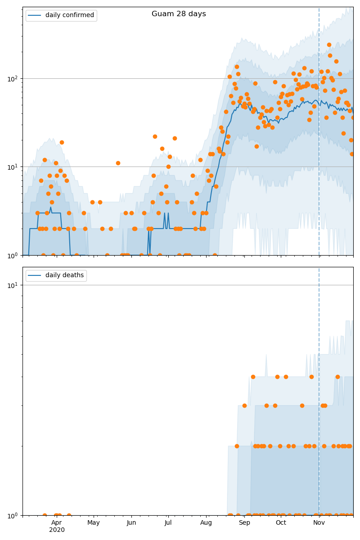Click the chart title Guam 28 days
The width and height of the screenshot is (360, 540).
pyautogui.click(x=179, y=14)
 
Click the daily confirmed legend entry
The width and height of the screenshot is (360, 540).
pyautogui.click(x=69, y=15)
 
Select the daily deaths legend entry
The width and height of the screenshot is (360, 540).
pyautogui.click(x=64, y=275)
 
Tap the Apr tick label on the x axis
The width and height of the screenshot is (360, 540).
pyautogui.click(x=57, y=522)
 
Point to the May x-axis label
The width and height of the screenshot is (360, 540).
pyautogui.click(x=94, y=522)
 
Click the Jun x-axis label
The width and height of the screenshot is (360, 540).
pyautogui.click(x=131, y=522)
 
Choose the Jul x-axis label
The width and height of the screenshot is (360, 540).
pyautogui.click(x=168, y=522)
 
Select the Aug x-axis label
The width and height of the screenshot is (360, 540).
pyautogui.click(x=206, y=522)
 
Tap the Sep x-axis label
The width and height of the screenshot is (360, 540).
pyautogui.click(x=244, y=522)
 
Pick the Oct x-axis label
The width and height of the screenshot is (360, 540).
pyautogui.click(x=281, y=522)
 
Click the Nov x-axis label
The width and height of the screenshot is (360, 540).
pyautogui.click(x=319, y=522)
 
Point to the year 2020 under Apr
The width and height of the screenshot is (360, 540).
pyautogui.click(x=57, y=530)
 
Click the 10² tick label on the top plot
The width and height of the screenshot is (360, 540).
pyautogui.click(x=13, y=79)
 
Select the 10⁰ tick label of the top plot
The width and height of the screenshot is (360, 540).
pyautogui.click(x=13, y=255)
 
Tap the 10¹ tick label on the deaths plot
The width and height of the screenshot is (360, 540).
pyautogui.click(x=13, y=285)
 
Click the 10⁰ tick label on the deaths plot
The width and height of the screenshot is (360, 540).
pyautogui.click(x=13, y=515)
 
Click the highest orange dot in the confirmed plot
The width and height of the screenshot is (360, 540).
pyautogui.click(x=329, y=45)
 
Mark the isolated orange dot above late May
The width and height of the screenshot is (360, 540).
pyautogui.click(x=118, y=163)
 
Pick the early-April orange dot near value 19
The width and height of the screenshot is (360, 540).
pyautogui.click(x=62, y=142)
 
